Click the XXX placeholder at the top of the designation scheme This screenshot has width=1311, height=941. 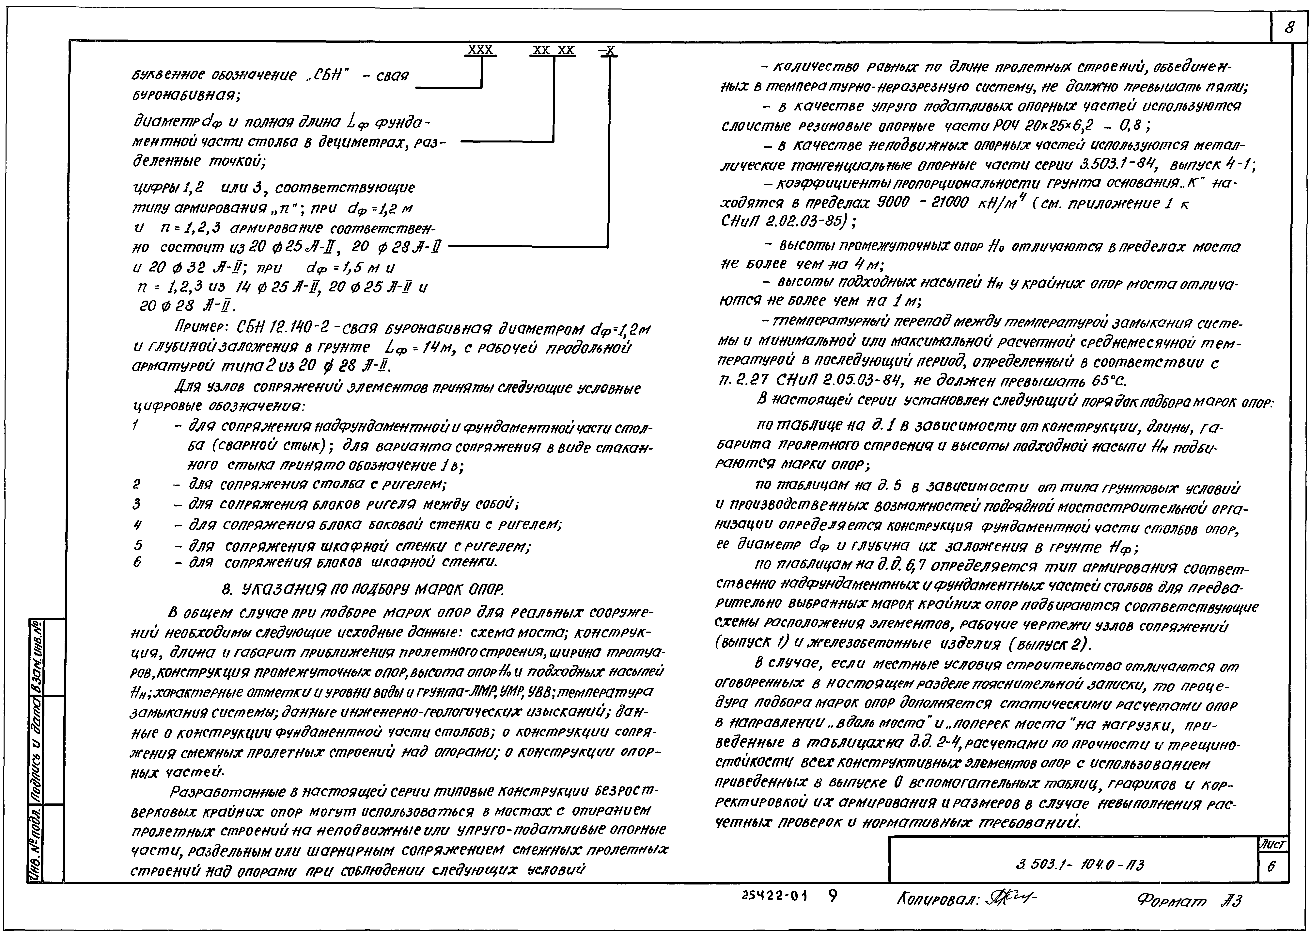coord(480,50)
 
